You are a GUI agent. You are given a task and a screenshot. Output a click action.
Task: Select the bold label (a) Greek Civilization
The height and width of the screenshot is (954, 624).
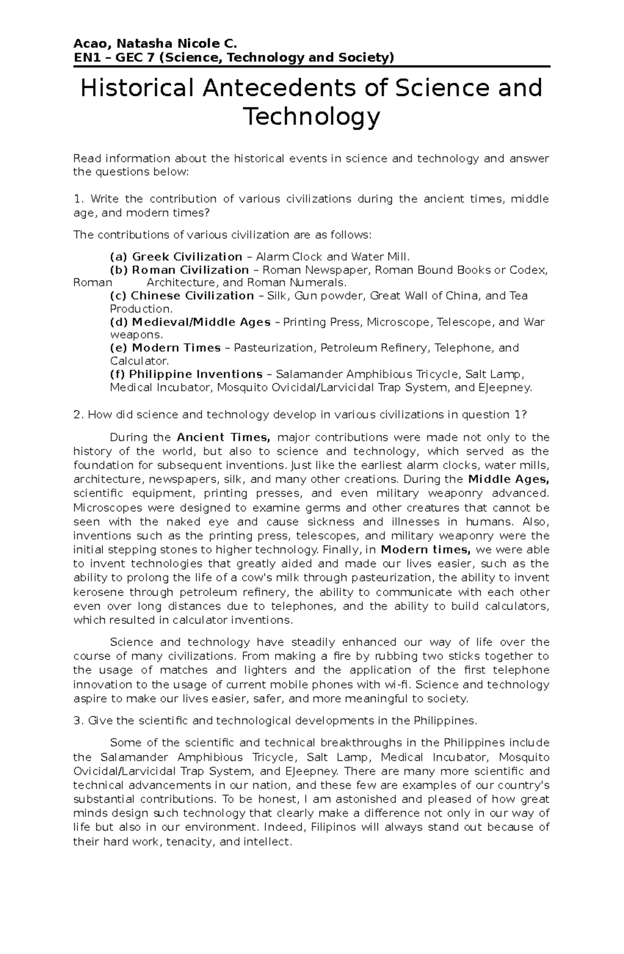pos(176,257)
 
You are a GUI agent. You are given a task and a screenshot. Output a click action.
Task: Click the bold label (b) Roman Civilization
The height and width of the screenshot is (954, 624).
pos(179,270)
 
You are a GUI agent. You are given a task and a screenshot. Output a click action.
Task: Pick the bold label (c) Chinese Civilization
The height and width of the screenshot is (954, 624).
pos(181,296)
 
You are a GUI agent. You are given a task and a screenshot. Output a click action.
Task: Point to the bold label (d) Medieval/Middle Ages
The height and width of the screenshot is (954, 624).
pos(190,322)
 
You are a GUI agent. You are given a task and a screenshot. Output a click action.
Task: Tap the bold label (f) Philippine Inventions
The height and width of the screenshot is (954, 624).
pos(186,374)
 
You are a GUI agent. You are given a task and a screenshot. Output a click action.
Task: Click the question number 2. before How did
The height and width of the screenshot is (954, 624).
pos(79,415)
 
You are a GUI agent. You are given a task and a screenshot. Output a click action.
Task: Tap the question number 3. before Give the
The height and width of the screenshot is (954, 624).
pos(79,721)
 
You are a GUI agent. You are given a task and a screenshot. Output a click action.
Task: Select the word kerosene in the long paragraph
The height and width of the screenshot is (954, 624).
pos(99,592)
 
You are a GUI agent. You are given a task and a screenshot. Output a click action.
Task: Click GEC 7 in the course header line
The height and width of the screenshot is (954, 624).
pos(134,57)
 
